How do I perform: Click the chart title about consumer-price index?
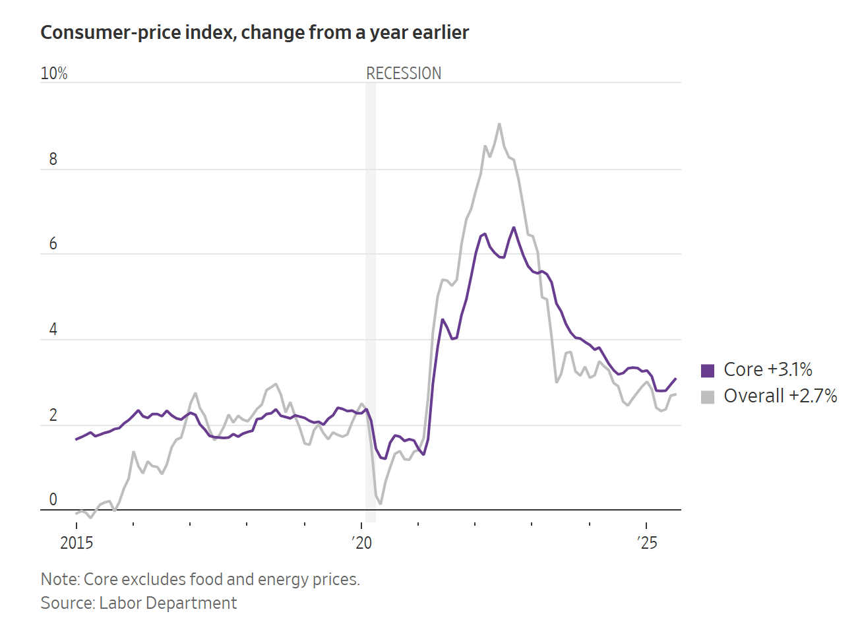pyautogui.click(x=255, y=33)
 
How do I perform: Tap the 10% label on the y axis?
pyautogui.click(x=54, y=73)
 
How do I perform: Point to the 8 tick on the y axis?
pyautogui.click(x=53, y=159)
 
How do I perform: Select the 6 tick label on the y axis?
pyautogui.click(x=53, y=244)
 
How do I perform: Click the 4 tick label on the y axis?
pyautogui.click(x=53, y=330)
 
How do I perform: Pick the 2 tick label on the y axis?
pyautogui.click(x=53, y=416)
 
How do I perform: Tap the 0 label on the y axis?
pyautogui.click(x=53, y=500)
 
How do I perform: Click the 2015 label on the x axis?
pyautogui.click(x=77, y=543)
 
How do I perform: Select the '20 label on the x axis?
pyautogui.click(x=361, y=543)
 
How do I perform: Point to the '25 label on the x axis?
pyautogui.click(x=647, y=543)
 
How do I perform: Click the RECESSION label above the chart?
pyautogui.click(x=404, y=73)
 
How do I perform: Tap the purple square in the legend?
pyautogui.click(x=708, y=370)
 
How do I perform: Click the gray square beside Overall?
pyautogui.click(x=708, y=396)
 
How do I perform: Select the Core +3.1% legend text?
pyautogui.click(x=768, y=369)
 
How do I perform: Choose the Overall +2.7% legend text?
pyautogui.click(x=780, y=396)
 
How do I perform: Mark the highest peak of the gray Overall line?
pyautogui.click(x=499, y=123)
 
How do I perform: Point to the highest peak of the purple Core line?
pyautogui.click(x=514, y=227)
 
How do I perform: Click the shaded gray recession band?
pyautogui.click(x=371, y=297)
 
